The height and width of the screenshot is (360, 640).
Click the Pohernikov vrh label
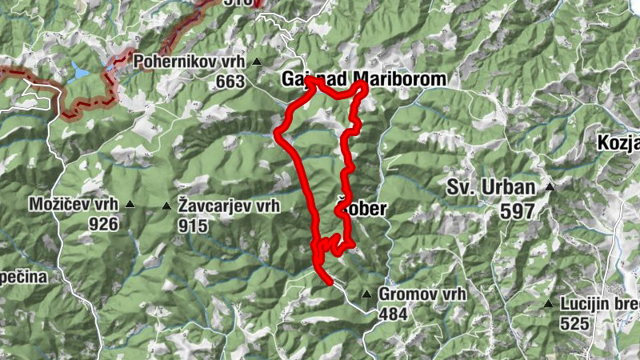coord(190,61)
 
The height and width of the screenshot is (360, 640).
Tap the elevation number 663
coord(230,82)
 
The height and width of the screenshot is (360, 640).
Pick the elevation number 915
coord(193,226)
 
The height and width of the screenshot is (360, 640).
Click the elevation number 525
coord(575,323)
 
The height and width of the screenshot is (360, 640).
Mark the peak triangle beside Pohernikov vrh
coord(257,62)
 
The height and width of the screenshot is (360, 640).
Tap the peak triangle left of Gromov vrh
coord(366,294)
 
